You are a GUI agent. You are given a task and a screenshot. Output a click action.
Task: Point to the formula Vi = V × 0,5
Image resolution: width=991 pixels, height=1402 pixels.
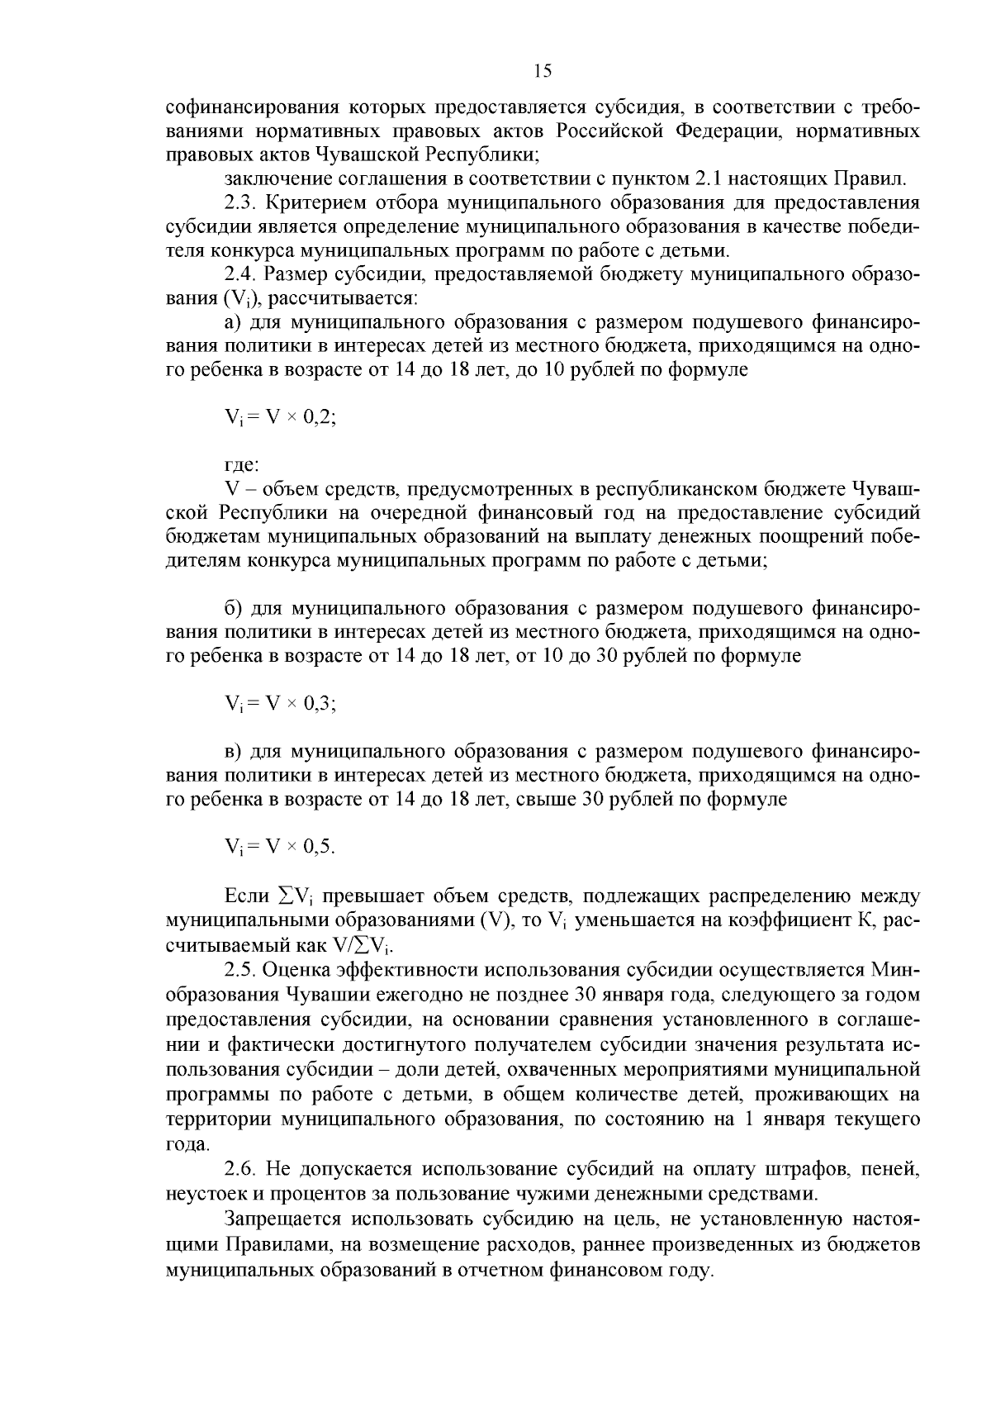280,847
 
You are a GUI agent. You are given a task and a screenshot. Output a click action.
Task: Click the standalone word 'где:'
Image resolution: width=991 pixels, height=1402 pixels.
243,466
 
